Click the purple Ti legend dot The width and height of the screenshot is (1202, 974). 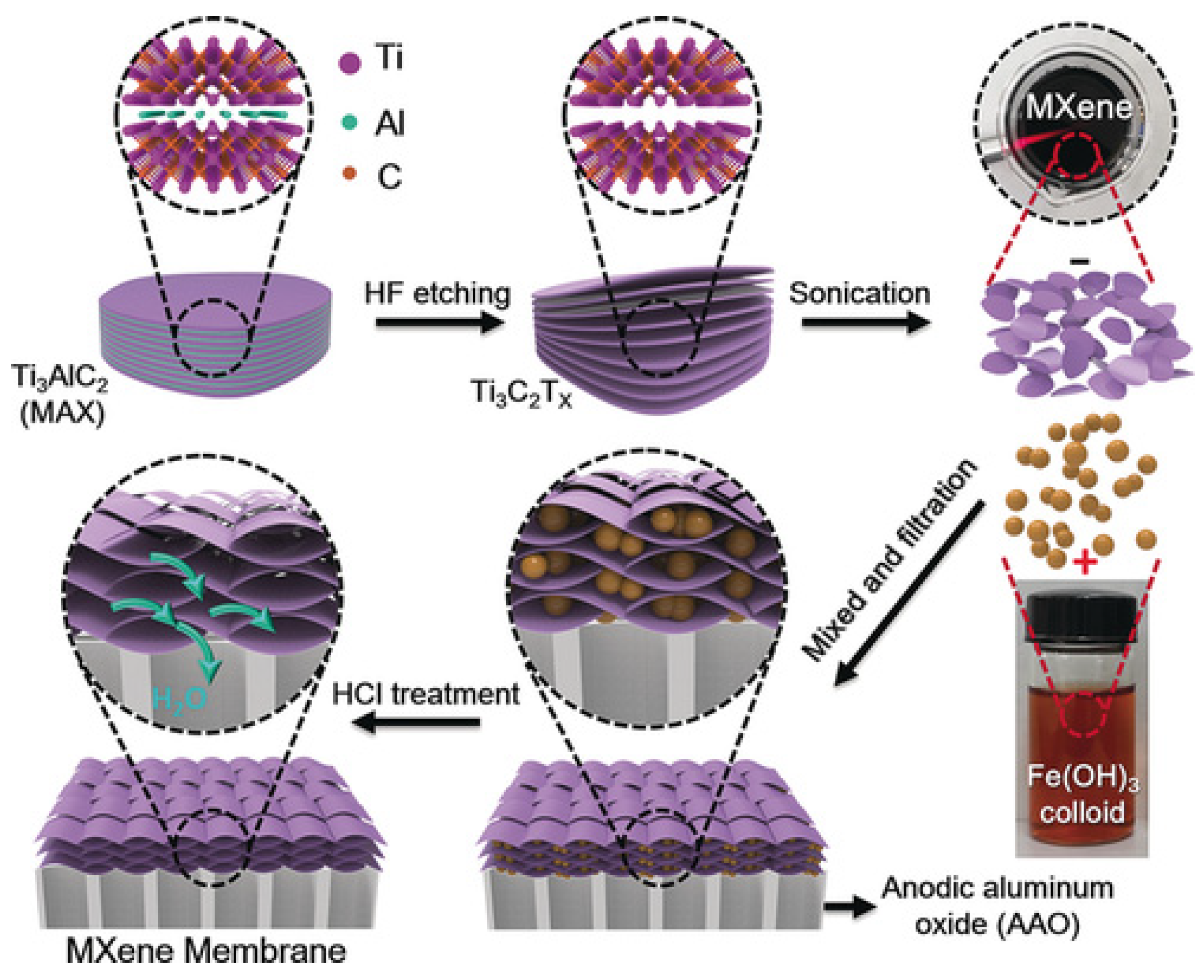pyautogui.click(x=349, y=62)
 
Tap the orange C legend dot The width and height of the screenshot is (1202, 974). pyautogui.click(x=349, y=174)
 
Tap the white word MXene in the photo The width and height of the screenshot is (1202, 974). pyautogui.click(x=1078, y=106)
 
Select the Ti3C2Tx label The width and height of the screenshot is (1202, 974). pyautogui.click(x=522, y=393)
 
